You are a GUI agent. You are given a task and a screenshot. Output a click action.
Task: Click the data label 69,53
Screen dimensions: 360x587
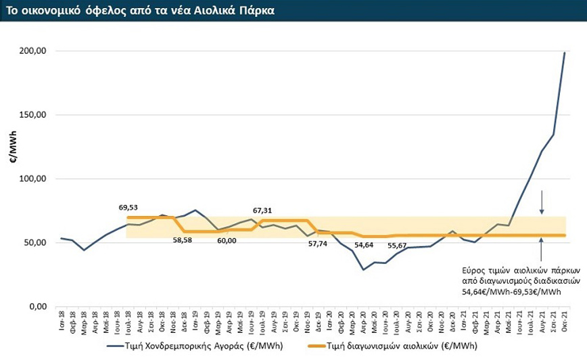click(128, 208)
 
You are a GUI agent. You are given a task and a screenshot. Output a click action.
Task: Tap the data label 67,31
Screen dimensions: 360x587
click(262, 210)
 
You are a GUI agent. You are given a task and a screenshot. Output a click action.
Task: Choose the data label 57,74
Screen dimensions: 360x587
click(317, 243)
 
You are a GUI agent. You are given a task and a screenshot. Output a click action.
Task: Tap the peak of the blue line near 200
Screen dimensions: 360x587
click(565, 53)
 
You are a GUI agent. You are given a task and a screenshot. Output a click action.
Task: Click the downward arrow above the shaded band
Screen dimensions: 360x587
click(542, 201)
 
